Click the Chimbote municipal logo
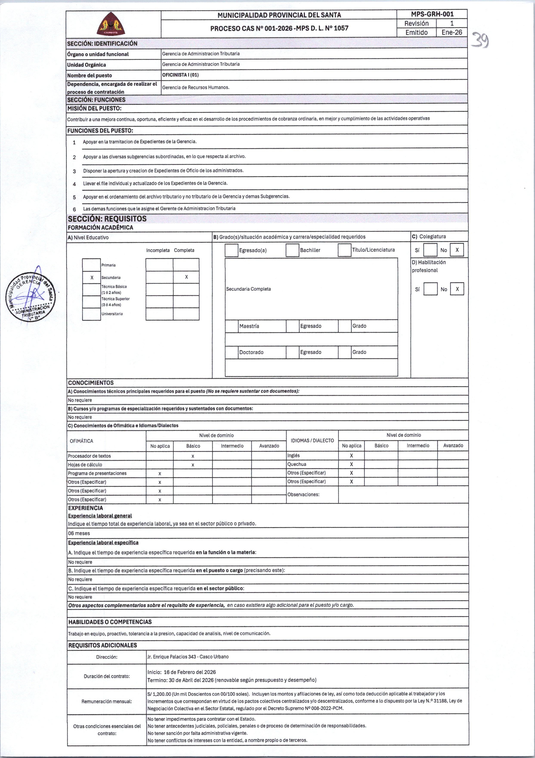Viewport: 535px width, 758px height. click(x=111, y=24)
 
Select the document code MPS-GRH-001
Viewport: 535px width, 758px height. click(x=432, y=14)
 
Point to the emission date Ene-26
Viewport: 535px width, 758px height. click(x=452, y=32)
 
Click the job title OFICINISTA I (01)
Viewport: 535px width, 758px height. click(x=180, y=75)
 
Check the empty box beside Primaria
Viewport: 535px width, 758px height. click(x=91, y=265)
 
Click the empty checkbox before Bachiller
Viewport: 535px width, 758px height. click(x=292, y=250)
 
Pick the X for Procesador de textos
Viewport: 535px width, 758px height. click(x=193, y=456)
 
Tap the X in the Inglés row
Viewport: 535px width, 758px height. click(x=351, y=456)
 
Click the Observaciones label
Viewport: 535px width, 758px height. click(x=303, y=495)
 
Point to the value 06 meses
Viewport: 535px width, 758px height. click(x=79, y=533)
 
